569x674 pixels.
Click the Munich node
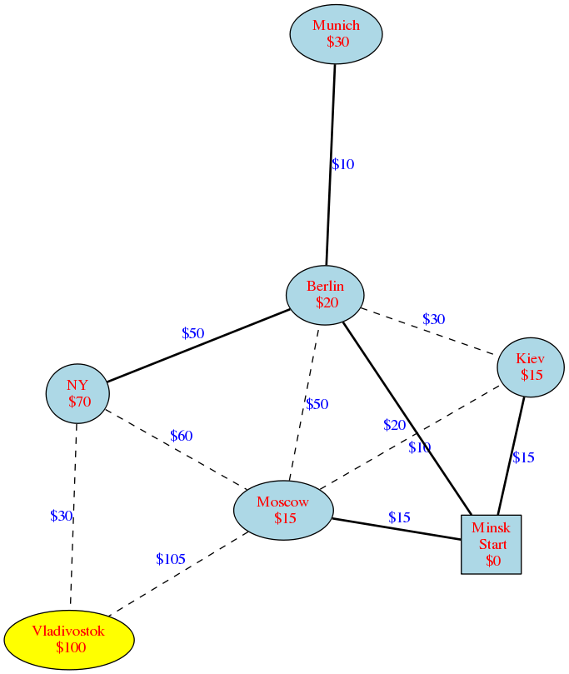(x=336, y=34)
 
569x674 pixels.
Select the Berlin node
(x=325, y=295)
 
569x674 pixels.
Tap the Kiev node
(x=531, y=367)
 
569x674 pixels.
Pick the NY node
(x=77, y=393)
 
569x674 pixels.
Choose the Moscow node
(x=283, y=510)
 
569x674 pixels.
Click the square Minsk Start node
(x=492, y=544)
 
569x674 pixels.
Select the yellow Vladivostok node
(x=69, y=640)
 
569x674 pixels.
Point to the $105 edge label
(x=171, y=559)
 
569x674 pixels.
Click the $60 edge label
(x=182, y=436)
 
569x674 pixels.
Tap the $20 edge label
(x=395, y=425)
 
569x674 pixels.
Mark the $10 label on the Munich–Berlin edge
(x=343, y=164)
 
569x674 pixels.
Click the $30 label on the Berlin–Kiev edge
(x=434, y=319)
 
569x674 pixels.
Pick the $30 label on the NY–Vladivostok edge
(x=61, y=516)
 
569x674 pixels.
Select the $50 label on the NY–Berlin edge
(x=193, y=333)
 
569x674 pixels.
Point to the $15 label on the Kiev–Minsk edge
(x=523, y=457)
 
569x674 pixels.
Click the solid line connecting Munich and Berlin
(x=331, y=165)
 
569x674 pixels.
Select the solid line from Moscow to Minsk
(x=397, y=529)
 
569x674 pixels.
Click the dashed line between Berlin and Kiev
(x=428, y=332)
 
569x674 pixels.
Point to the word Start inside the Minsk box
(x=493, y=544)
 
